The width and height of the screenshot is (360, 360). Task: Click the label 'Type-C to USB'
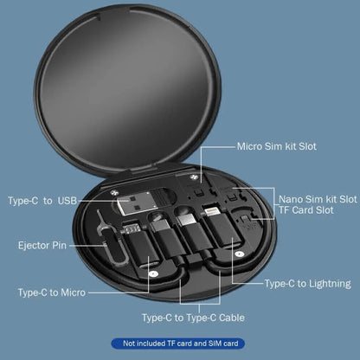point(42,202)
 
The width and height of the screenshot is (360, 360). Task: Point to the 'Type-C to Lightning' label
point(307,283)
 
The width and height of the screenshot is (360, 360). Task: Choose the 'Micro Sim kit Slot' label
point(277,146)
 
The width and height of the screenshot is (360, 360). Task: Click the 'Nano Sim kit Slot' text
point(315,198)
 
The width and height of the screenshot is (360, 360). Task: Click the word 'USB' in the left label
point(67,202)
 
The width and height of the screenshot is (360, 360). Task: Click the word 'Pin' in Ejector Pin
point(59,245)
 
